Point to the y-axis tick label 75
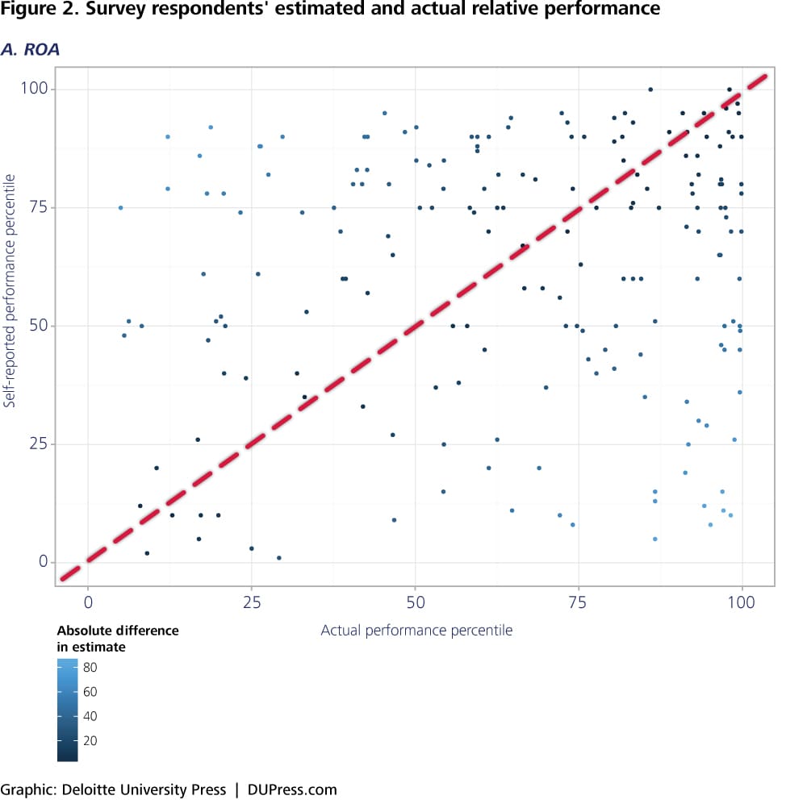63,207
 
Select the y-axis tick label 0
68,562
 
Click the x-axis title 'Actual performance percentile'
416,630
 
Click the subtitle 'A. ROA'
30,49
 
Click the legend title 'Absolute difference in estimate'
117,637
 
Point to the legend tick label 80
90,667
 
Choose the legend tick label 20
90,740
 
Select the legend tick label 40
90,716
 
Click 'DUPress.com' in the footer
292,789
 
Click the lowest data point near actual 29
279,558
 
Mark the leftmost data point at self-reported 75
121,207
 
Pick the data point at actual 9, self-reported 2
147,553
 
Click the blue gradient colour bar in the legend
68,710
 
